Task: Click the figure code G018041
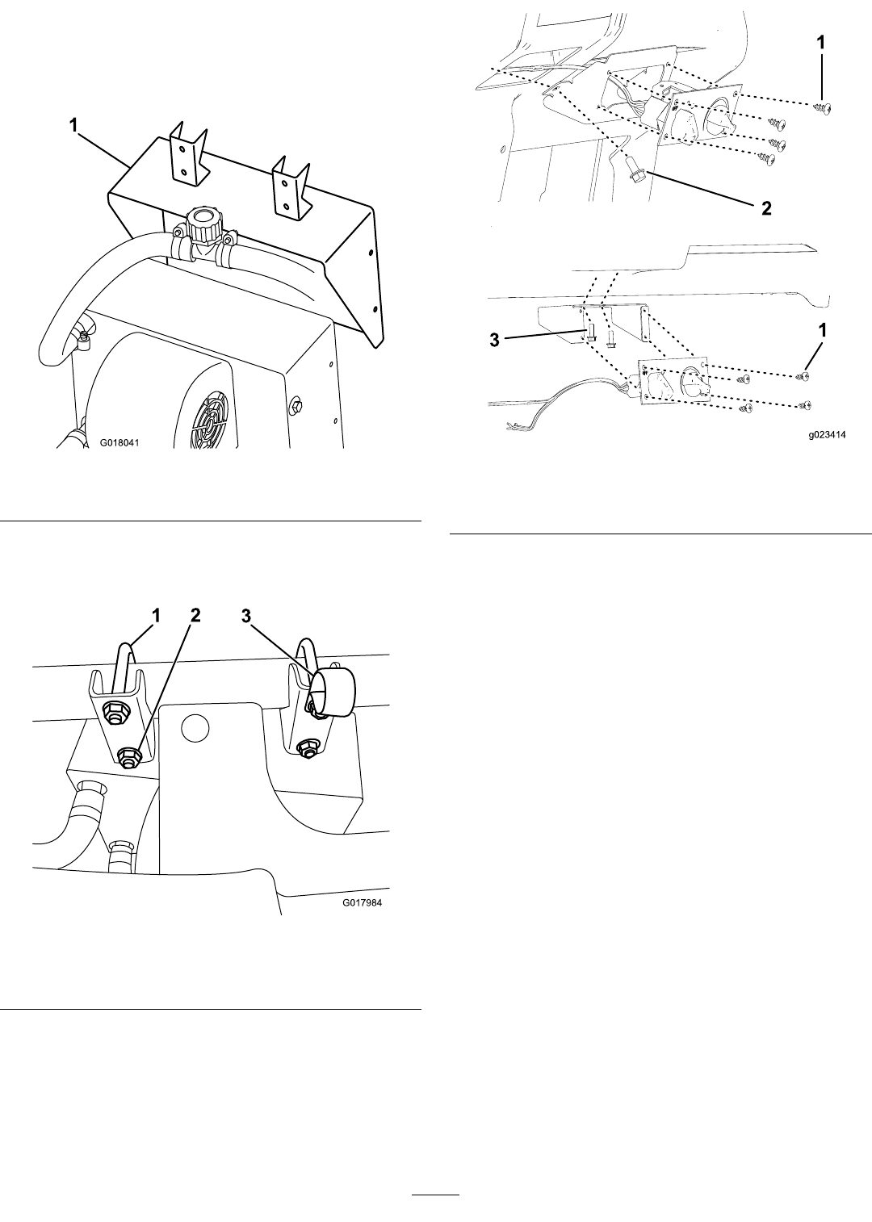(x=119, y=442)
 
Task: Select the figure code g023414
(x=827, y=435)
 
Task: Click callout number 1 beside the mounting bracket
(x=73, y=125)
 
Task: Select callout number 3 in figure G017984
(x=247, y=616)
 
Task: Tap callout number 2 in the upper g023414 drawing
(x=767, y=208)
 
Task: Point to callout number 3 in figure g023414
(x=494, y=341)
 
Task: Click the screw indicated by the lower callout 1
(x=803, y=376)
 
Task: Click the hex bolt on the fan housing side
(x=296, y=406)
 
